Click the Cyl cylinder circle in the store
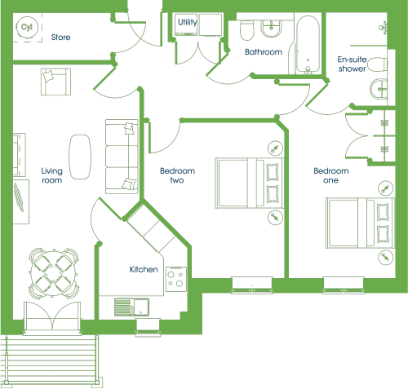pyautogui.click(x=27, y=27)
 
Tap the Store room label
pyautogui.click(x=60, y=38)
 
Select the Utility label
pyautogui.click(x=188, y=22)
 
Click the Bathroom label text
pyautogui.click(x=264, y=52)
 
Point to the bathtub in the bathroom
pyautogui.click(x=308, y=44)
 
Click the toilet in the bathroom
pyautogui.click(x=246, y=30)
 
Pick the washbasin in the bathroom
pyautogui.click(x=271, y=29)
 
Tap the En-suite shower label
pyautogui.click(x=352, y=64)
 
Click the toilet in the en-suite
pyautogui.click(x=377, y=64)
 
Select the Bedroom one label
pyautogui.click(x=331, y=175)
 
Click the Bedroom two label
pyautogui.click(x=177, y=175)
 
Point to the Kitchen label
pyautogui.click(x=144, y=269)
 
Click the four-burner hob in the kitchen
pyautogui.click(x=176, y=279)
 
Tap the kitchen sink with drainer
pyautogui.click(x=132, y=307)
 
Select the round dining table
pyautogui.click(x=54, y=272)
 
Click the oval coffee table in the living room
pyautogui.click(x=80, y=157)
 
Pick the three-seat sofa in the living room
pyautogui.click(x=122, y=157)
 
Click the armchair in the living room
pyautogui.click(x=55, y=82)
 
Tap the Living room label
pyautogui.click(x=51, y=175)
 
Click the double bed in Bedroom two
pyautogui.click(x=250, y=183)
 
